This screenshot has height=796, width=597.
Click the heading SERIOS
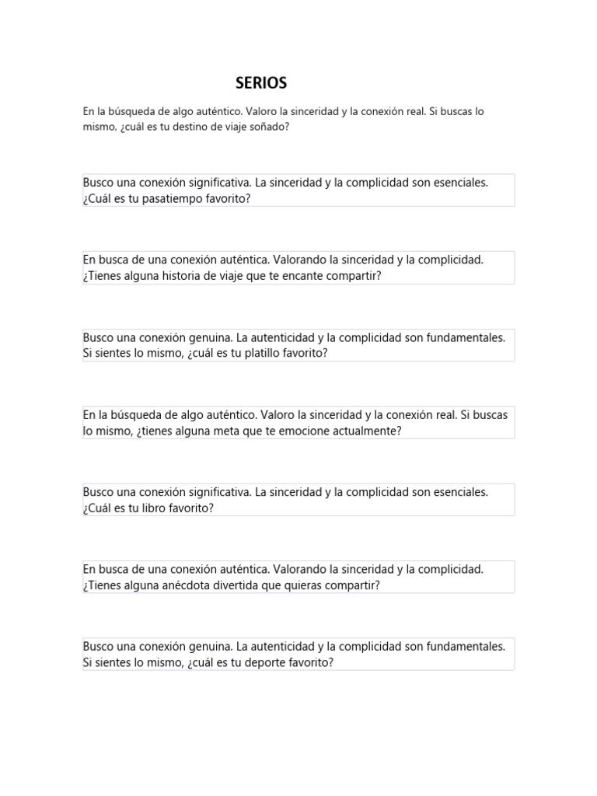tap(261, 82)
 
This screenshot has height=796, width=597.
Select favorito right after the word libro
tap(190, 508)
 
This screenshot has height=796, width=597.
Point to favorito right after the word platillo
tap(307, 353)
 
